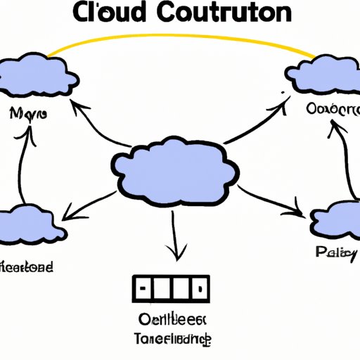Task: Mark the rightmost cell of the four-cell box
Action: click(200, 288)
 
